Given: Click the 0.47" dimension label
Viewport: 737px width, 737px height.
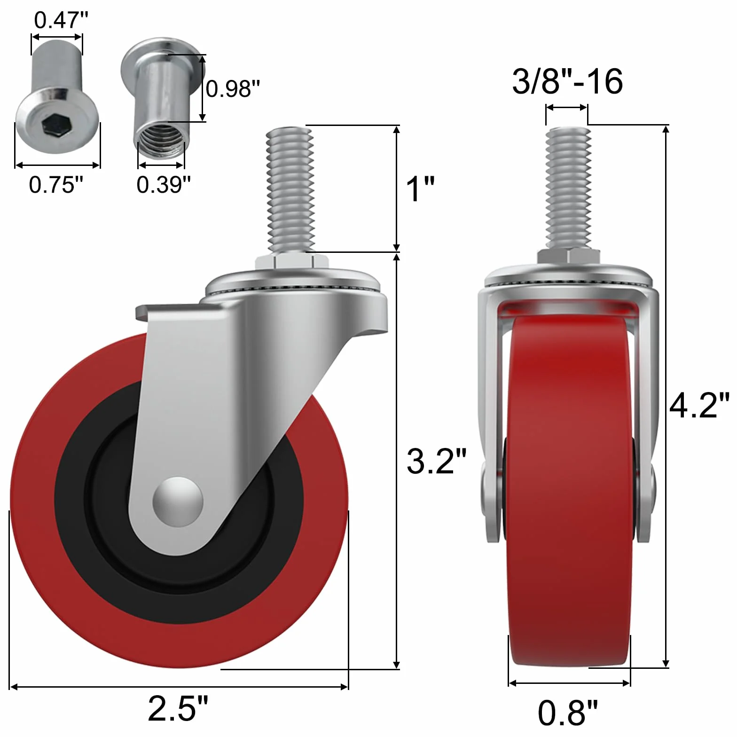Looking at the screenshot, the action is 61,20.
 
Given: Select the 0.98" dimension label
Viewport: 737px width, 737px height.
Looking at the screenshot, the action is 233,88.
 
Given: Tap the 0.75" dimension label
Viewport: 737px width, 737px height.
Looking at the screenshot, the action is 56,184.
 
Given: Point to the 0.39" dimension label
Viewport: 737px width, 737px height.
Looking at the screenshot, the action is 164,184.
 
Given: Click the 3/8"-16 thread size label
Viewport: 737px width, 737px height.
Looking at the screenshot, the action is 567,81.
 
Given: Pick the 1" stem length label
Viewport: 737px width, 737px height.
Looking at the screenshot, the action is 420,189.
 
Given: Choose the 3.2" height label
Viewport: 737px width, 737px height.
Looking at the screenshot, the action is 437,461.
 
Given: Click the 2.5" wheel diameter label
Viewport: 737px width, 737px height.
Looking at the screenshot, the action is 178,708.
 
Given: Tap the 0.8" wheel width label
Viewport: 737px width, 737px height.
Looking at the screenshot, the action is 568,713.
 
